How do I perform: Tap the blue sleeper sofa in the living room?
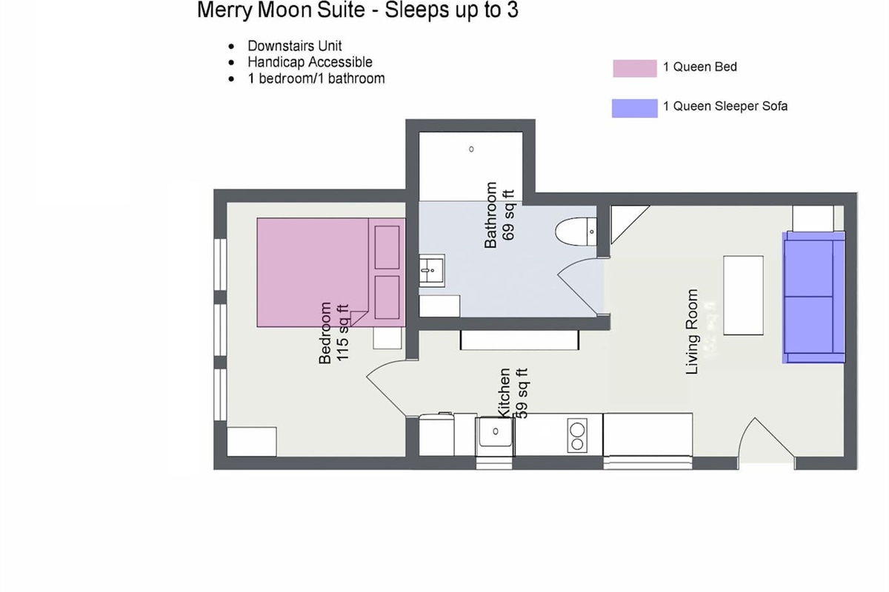click(x=813, y=297)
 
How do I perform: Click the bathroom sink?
click(x=430, y=271)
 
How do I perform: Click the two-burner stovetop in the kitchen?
click(x=576, y=436)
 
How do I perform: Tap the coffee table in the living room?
click(x=743, y=295)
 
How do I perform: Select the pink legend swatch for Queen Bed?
click(x=634, y=68)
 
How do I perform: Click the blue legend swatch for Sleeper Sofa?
click(x=634, y=107)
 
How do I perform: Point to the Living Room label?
click(x=693, y=332)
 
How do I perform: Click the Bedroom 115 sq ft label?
click(x=333, y=333)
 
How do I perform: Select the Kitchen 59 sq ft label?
click(x=512, y=394)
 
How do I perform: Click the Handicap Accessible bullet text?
click(x=310, y=62)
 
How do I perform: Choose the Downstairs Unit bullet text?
click(x=294, y=46)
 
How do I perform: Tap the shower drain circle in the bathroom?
click(x=471, y=149)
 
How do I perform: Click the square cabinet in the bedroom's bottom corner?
click(x=251, y=442)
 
